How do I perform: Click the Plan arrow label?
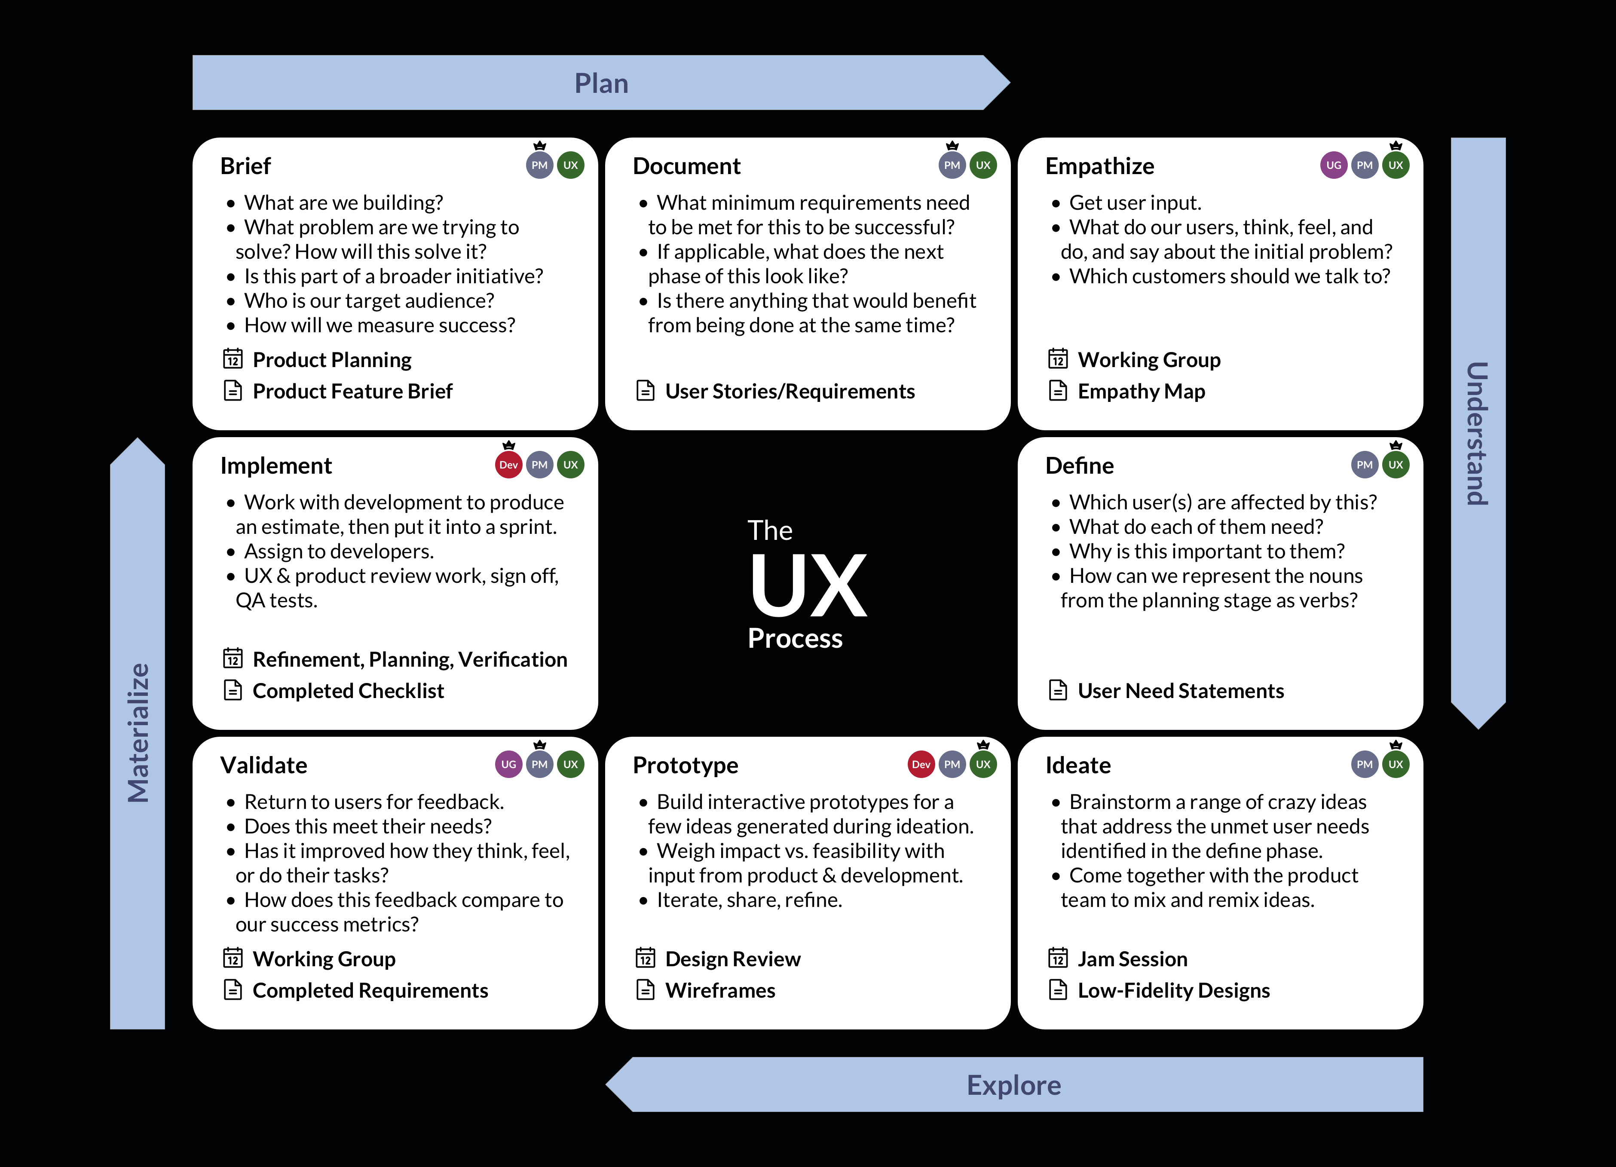[x=601, y=83]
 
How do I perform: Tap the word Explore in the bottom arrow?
[x=1013, y=1085]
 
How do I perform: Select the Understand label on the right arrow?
[x=1478, y=433]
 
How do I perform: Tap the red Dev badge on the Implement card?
[x=508, y=465]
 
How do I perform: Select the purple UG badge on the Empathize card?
[x=1333, y=165]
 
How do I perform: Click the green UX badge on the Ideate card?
[x=1395, y=765]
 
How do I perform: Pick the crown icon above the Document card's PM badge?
[x=952, y=145]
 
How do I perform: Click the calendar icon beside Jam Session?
[x=1058, y=958]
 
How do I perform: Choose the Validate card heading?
[x=263, y=765]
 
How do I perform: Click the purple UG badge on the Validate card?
[x=508, y=765]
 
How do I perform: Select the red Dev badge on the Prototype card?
[x=921, y=765]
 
